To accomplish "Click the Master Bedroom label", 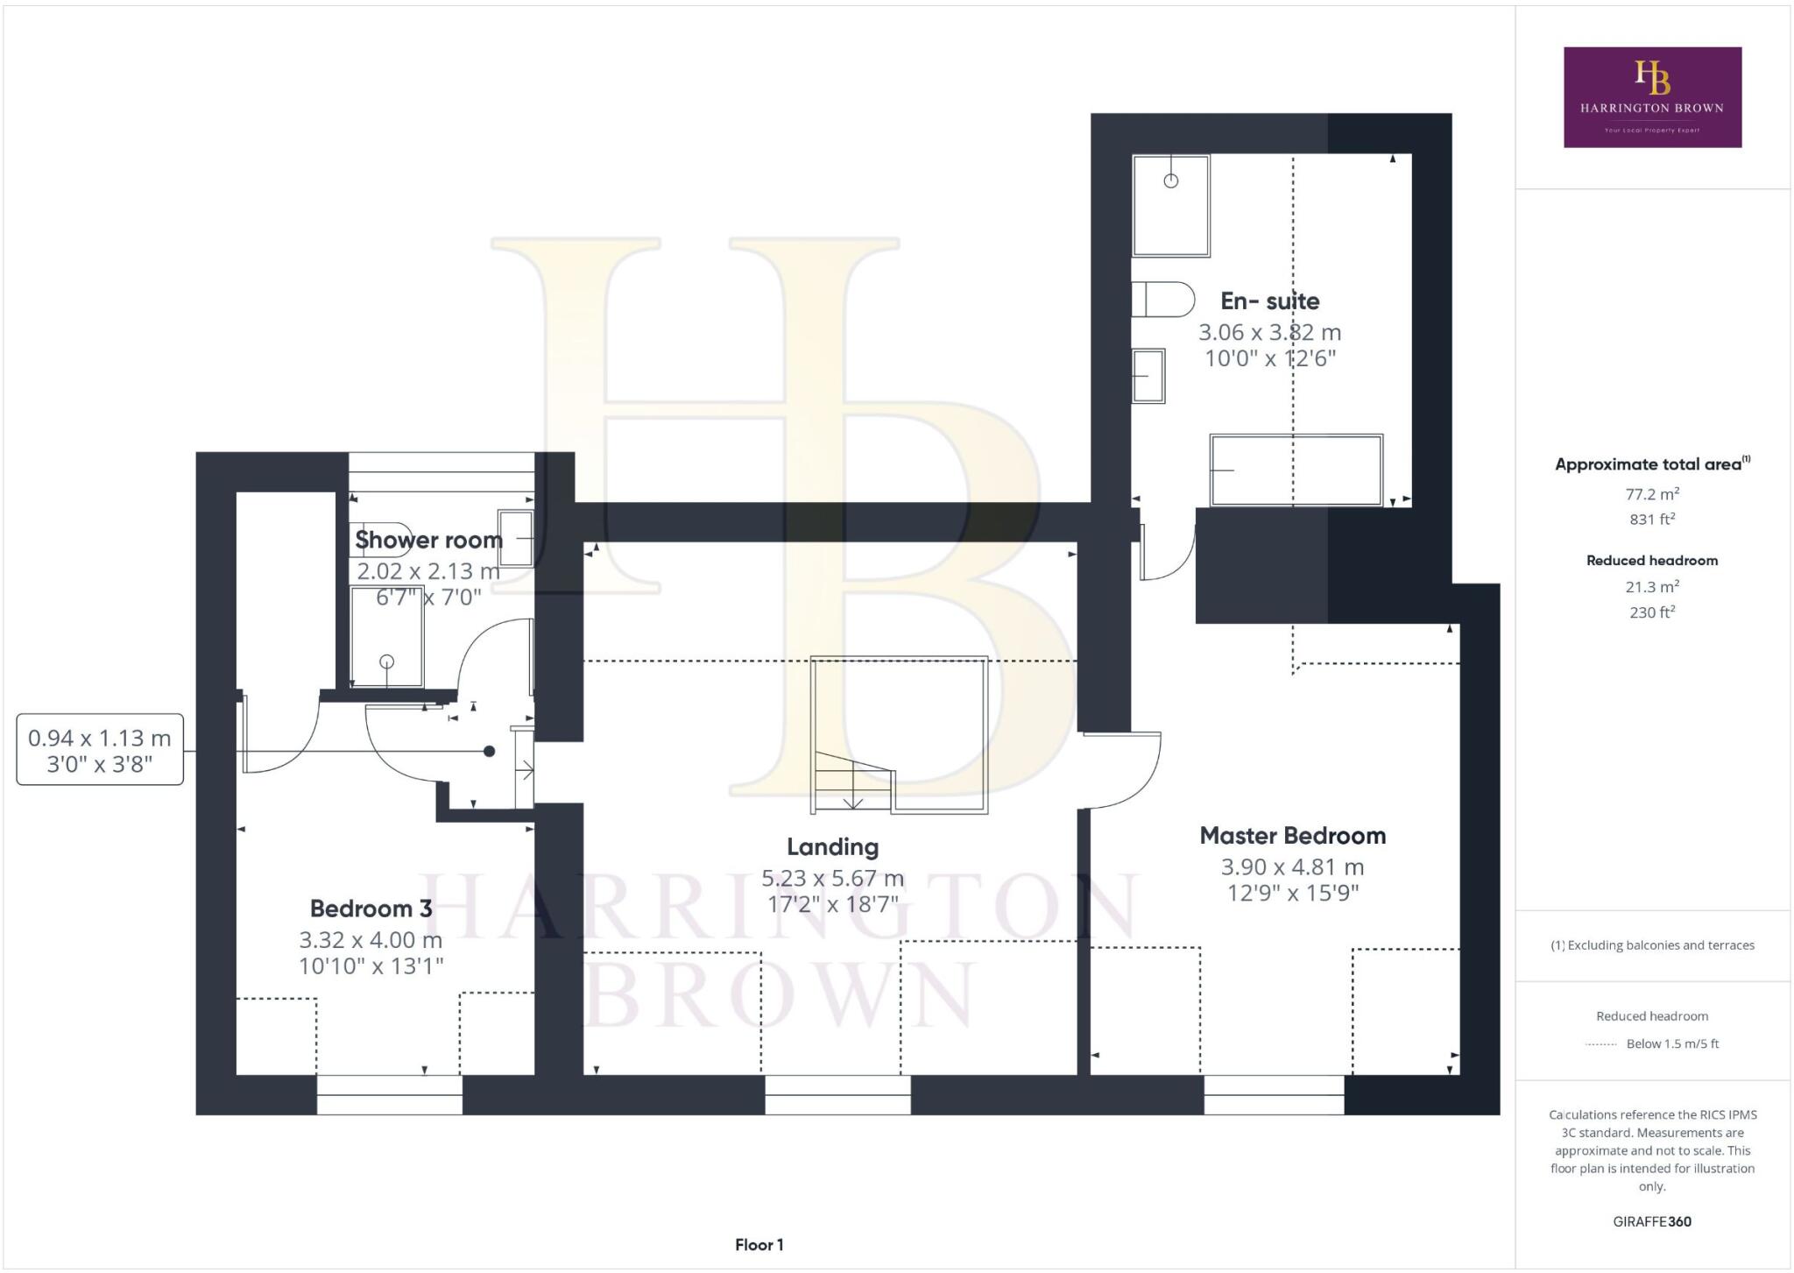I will tap(1292, 836).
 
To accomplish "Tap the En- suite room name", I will tap(1269, 301).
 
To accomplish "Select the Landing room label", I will tap(832, 847).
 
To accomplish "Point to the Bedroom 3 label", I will tap(371, 909).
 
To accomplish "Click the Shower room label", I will tap(428, 541).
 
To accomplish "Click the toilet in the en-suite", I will tap(1163, 300).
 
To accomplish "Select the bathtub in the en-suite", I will tap(1296, 470).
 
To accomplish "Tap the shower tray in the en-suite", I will tap(1170, 206).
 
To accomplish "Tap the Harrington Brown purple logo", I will tap(1652, 97).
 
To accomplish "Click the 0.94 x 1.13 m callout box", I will tap(100, 750).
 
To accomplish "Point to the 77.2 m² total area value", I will tap(1651, 494).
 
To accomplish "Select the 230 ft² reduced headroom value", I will tap(1651, 612).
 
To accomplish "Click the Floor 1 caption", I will tap(759, 1245).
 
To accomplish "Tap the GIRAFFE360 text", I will tap(1651, 1221).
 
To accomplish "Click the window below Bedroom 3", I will tap(389, 1094).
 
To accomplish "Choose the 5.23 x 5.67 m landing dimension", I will tap(832, 878).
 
